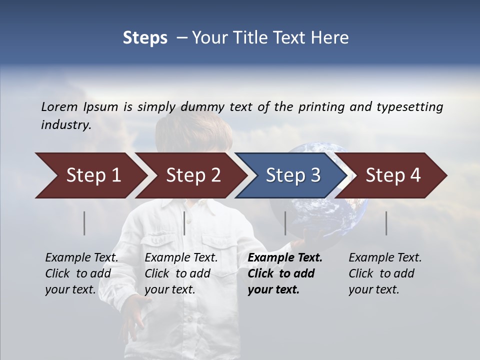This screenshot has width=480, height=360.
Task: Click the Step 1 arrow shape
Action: (90, 175)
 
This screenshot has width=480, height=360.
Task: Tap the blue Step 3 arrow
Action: (292, 175)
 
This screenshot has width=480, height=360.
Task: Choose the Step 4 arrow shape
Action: (392, 175)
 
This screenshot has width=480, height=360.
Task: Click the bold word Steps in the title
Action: (145, 37)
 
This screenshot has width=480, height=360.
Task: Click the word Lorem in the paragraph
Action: (59, 106)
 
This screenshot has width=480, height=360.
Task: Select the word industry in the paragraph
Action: (66, 125)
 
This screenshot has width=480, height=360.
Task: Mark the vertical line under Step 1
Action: (84, 223)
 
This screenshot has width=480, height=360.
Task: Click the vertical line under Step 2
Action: (184, 223)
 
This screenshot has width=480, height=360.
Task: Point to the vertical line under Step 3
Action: (285, 223)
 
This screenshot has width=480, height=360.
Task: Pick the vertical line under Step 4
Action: (386, 223)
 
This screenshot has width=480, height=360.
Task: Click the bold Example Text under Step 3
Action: (285, 258)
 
